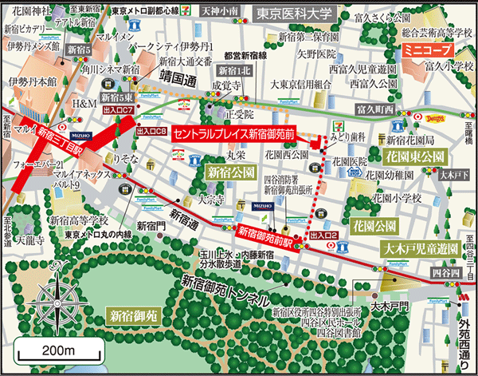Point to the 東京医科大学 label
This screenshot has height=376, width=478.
click(294, 14)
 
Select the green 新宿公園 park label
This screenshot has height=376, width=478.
click(230, 172)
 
